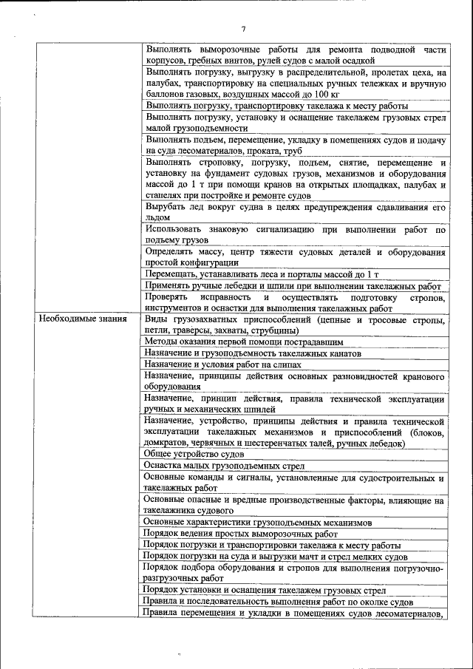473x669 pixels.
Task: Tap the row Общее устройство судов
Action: coord(194,454)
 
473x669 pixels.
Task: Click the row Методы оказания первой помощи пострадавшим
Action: coord(244,342)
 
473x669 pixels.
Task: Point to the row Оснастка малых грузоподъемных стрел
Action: coord(225,466)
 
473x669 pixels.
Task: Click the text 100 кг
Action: coord(324,95)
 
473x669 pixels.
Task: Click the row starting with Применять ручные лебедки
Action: coord(293,286)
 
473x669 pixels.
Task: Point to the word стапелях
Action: coord(166,195)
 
